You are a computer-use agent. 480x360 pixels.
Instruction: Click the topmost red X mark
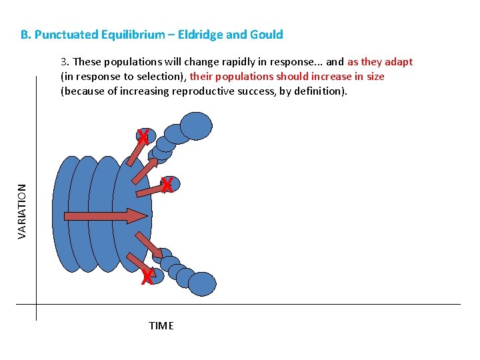(x=142, y=137)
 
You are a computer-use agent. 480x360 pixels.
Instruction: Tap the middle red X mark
(x=167, y=185)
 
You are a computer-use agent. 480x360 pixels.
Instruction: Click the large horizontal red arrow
(x=105, y=215)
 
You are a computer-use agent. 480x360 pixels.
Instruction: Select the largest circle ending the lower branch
(x=202, y=284)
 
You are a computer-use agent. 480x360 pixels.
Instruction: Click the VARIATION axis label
(x=22, y=211)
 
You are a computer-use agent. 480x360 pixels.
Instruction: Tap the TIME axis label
(x=161, y=326)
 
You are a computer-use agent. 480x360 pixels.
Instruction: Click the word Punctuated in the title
(x=65, y=35)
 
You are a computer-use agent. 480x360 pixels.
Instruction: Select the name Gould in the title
(x=267, y=35)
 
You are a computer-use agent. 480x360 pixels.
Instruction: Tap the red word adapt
(x=399, y=62)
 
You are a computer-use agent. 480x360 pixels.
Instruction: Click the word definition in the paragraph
(x=322, y=91)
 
